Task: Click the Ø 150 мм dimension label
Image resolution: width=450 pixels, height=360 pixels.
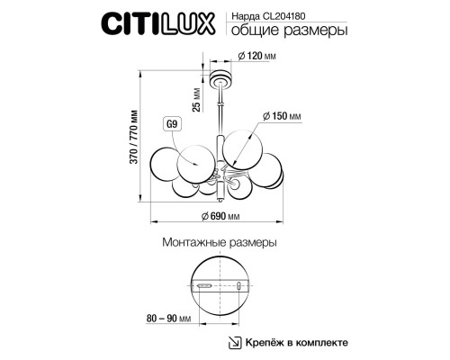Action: coord(281,116)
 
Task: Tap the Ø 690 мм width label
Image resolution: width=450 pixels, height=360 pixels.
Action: coord(219,217)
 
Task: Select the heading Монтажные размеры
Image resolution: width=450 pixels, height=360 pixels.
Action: coord(219,243)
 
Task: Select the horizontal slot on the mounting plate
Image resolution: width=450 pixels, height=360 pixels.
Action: coord(206,286)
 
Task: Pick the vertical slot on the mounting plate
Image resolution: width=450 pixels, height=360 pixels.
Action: coord(238,285)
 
